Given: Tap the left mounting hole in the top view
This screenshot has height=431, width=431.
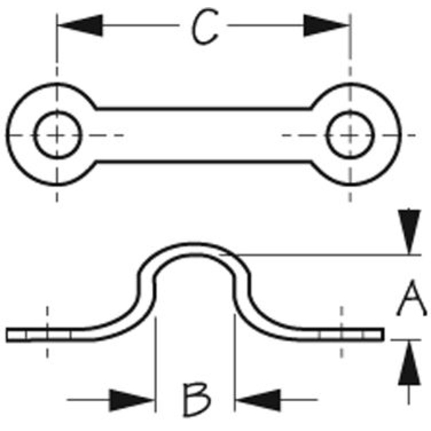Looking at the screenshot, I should point(57,134).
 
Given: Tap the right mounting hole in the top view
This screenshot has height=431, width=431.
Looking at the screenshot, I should point(350,134).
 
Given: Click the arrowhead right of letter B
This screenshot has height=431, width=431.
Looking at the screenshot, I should point(255,400).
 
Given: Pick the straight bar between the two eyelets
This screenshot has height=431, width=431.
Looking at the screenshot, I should point(205,134).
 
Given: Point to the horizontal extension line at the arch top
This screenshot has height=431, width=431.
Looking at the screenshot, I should point(323,254).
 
